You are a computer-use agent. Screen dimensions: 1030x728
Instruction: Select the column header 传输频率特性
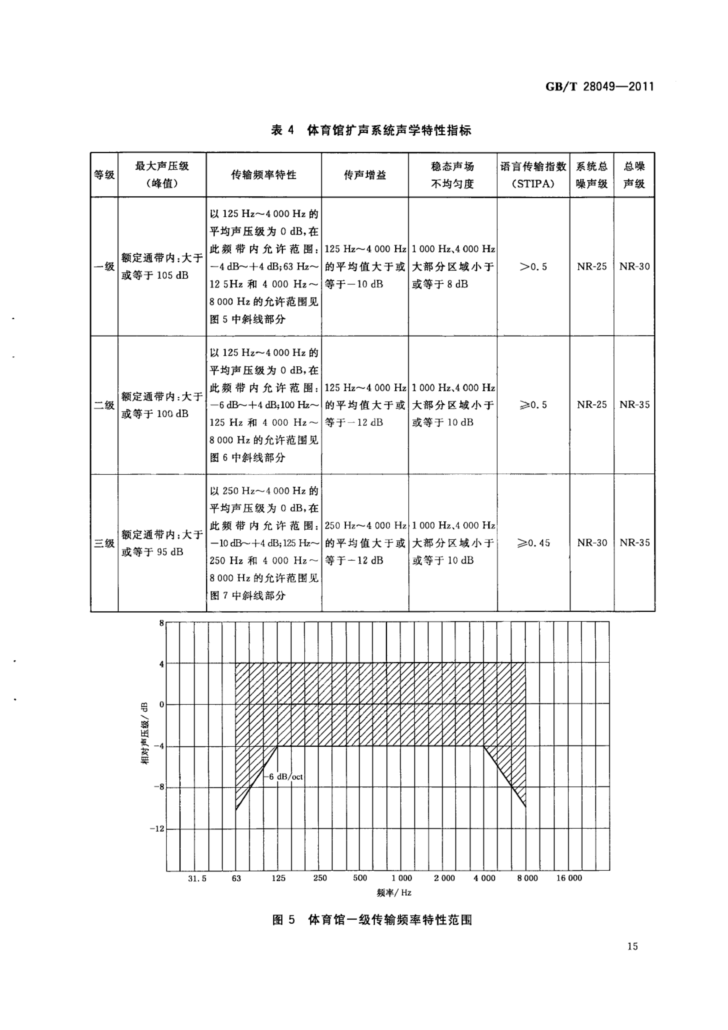click(x=264, y=175)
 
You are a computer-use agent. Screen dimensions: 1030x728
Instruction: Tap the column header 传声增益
click(x=365, y=175)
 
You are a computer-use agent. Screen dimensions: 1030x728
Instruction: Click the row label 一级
click(x=104, y=267)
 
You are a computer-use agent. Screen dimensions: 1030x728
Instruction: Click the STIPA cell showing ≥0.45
click(x=533, y=543)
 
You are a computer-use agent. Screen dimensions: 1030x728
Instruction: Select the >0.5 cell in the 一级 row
click(x=533, y=267)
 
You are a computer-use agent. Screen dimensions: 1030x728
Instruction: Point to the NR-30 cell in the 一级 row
click(x=634, y=267)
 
